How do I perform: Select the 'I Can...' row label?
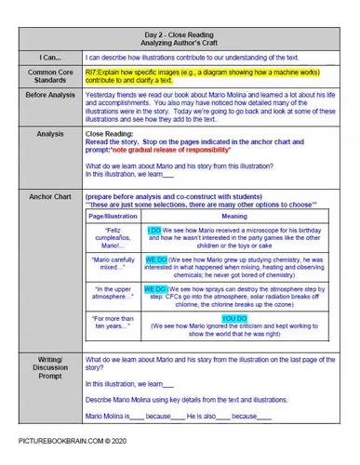[44, 56]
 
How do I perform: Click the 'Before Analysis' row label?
[44, 95]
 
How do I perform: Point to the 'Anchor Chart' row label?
[44, 198]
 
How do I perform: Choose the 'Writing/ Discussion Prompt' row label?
[44, 366]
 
